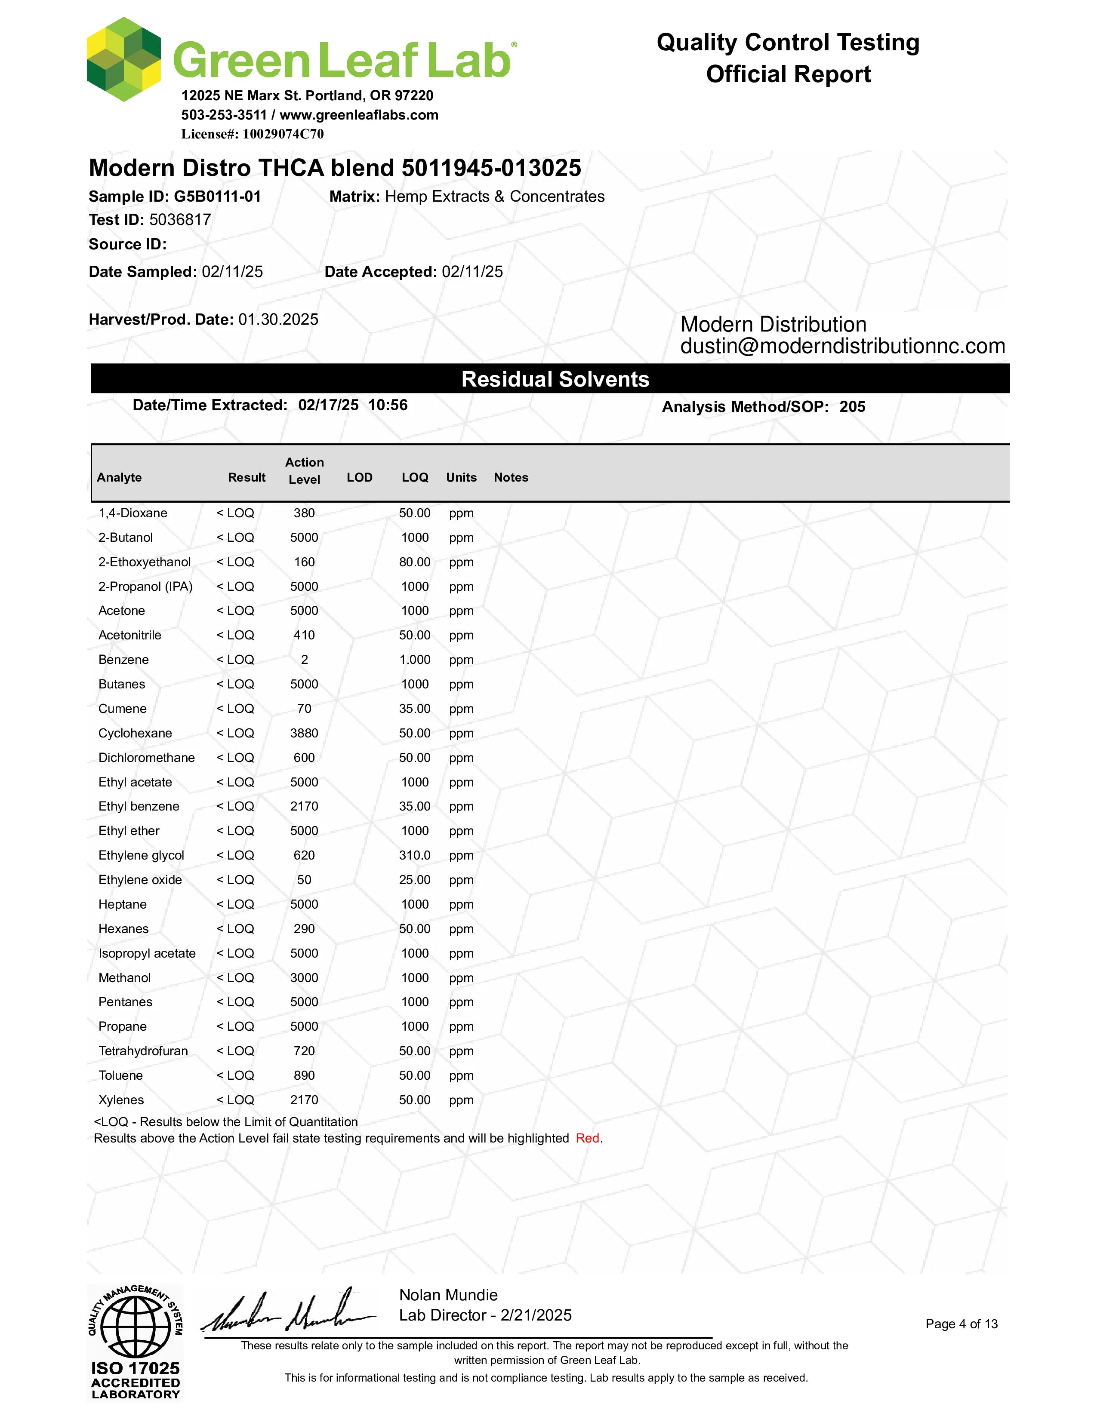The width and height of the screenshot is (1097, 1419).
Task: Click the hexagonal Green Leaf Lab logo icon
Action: tap(123, 59)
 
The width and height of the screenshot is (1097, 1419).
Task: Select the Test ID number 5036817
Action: tap(180, 220)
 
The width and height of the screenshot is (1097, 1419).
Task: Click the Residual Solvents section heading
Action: tap(555, 379)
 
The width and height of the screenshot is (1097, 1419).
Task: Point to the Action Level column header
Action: tap(304, 471)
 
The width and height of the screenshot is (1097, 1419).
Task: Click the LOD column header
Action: tap(359, 478)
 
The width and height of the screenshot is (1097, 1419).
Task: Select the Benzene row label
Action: tap(123, 660)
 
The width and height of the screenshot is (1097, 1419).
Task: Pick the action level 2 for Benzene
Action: tap(304, 660)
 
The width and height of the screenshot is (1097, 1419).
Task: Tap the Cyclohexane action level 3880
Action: tap(304, 733)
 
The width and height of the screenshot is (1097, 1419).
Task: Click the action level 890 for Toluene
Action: tap(304, 1076)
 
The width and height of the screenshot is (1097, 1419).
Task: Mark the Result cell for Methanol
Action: tap(235, 978)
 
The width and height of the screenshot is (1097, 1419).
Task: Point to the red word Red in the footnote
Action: tap(588, 1138)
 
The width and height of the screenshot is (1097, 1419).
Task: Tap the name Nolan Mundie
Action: tap(448, 1295)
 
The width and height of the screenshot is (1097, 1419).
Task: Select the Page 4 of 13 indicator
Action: tap(961, 1324)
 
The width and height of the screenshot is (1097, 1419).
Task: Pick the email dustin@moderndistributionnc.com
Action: tap(842, 346)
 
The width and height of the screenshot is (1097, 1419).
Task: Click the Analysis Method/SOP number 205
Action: tap(852, 407)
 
